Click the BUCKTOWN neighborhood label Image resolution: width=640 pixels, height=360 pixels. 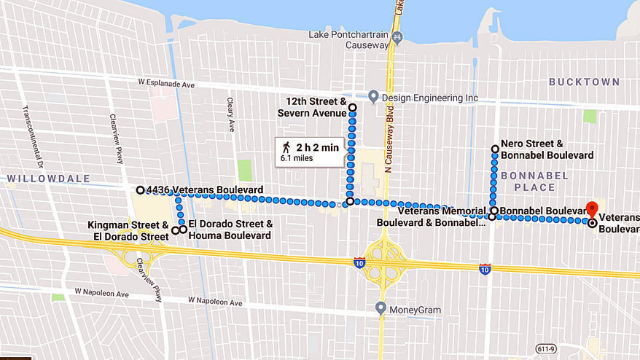pos(584,82)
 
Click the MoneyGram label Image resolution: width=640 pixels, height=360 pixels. pos(415,310)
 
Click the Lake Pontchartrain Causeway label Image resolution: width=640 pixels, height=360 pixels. pos(349,39)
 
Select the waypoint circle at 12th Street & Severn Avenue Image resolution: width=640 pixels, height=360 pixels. pos(352,108)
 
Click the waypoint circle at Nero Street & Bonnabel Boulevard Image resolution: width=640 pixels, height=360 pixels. pos(496,149)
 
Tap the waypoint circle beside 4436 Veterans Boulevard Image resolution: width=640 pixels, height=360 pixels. pos(140,190)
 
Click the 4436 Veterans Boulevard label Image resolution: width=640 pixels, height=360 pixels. pos(205,190)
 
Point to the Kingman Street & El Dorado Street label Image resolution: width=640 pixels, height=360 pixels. pos(128,230)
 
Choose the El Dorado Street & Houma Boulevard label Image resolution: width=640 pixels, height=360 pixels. pos(230,230)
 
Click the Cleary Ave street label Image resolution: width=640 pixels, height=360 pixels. pos(230,114)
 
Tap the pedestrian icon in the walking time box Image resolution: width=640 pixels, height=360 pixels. pos(286,148)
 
